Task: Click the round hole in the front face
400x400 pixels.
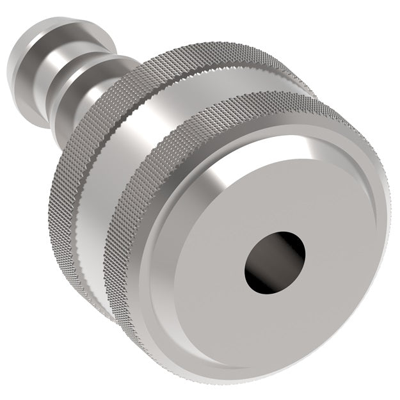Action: pyautogui.click(x=274, y=258)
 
